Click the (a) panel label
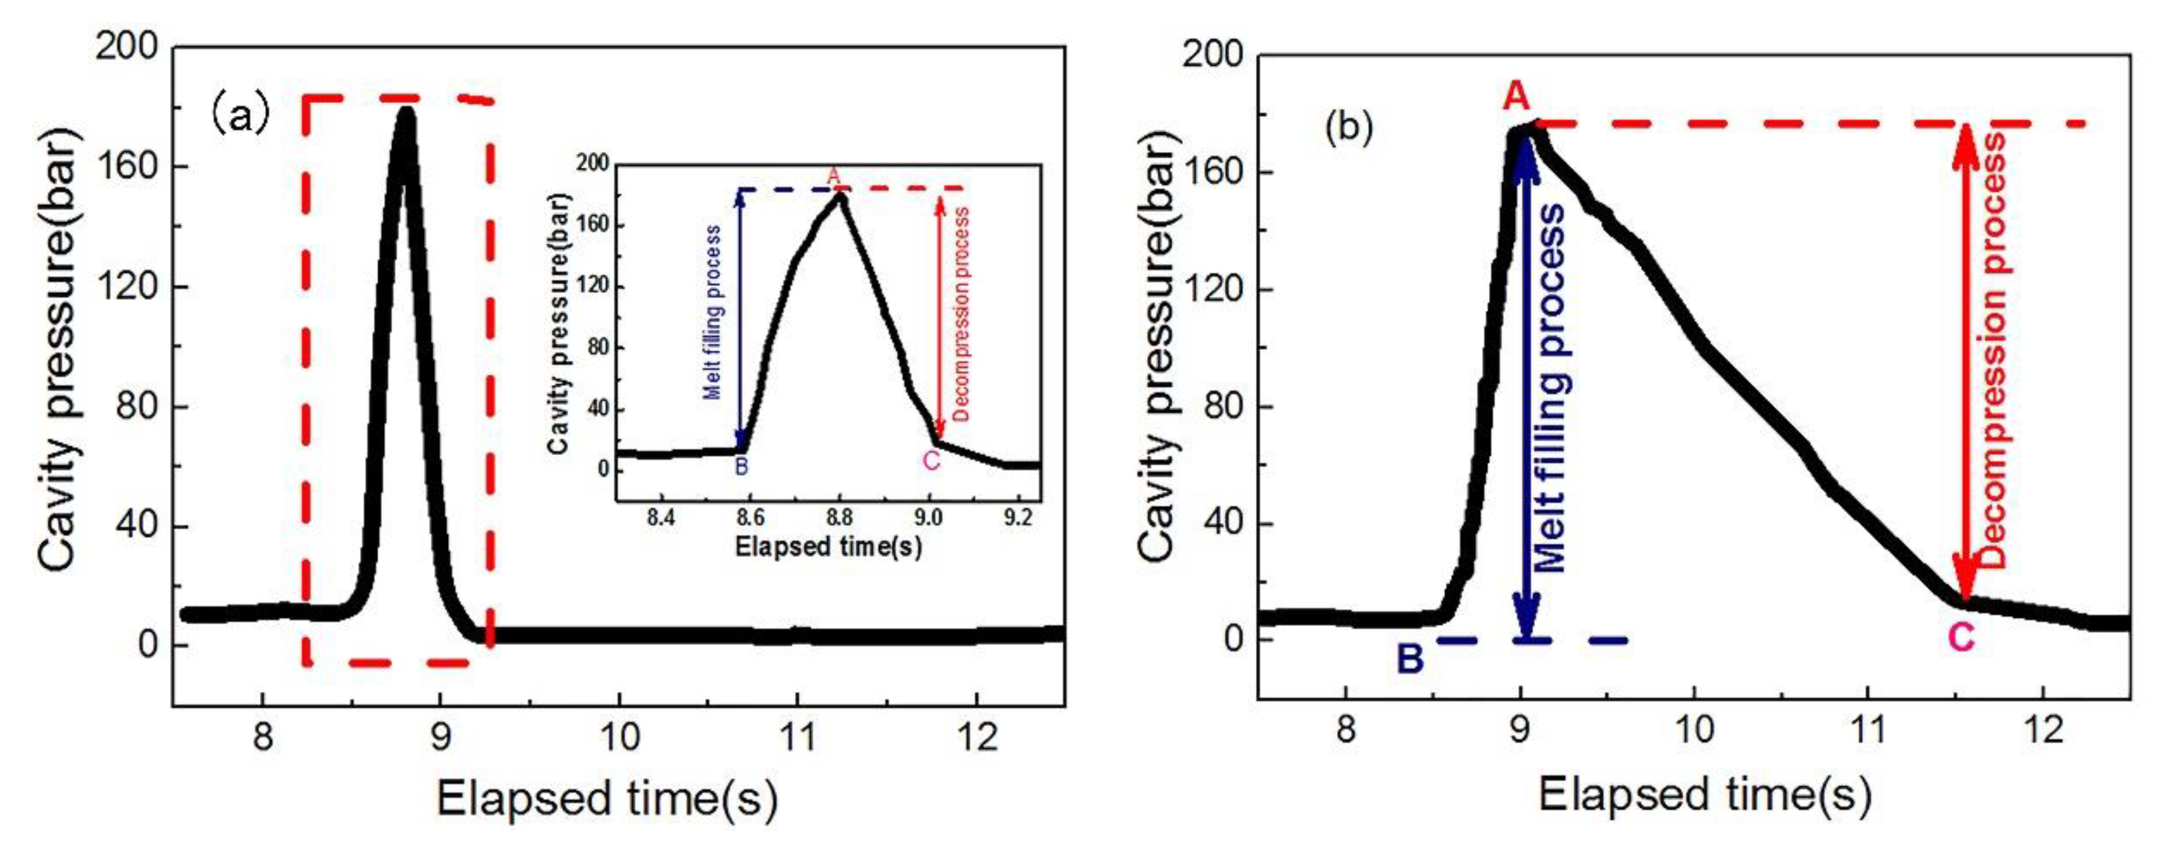point(240,116)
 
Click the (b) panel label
point(1348,127)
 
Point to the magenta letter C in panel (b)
point(1960,639)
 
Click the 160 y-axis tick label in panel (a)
point(128,166)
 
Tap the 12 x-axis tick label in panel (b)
point(2042,730)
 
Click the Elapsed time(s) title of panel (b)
point(1705,793)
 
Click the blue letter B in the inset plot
point(741,467)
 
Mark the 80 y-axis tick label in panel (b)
point(1221,407)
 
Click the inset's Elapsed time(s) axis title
point(828,547)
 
